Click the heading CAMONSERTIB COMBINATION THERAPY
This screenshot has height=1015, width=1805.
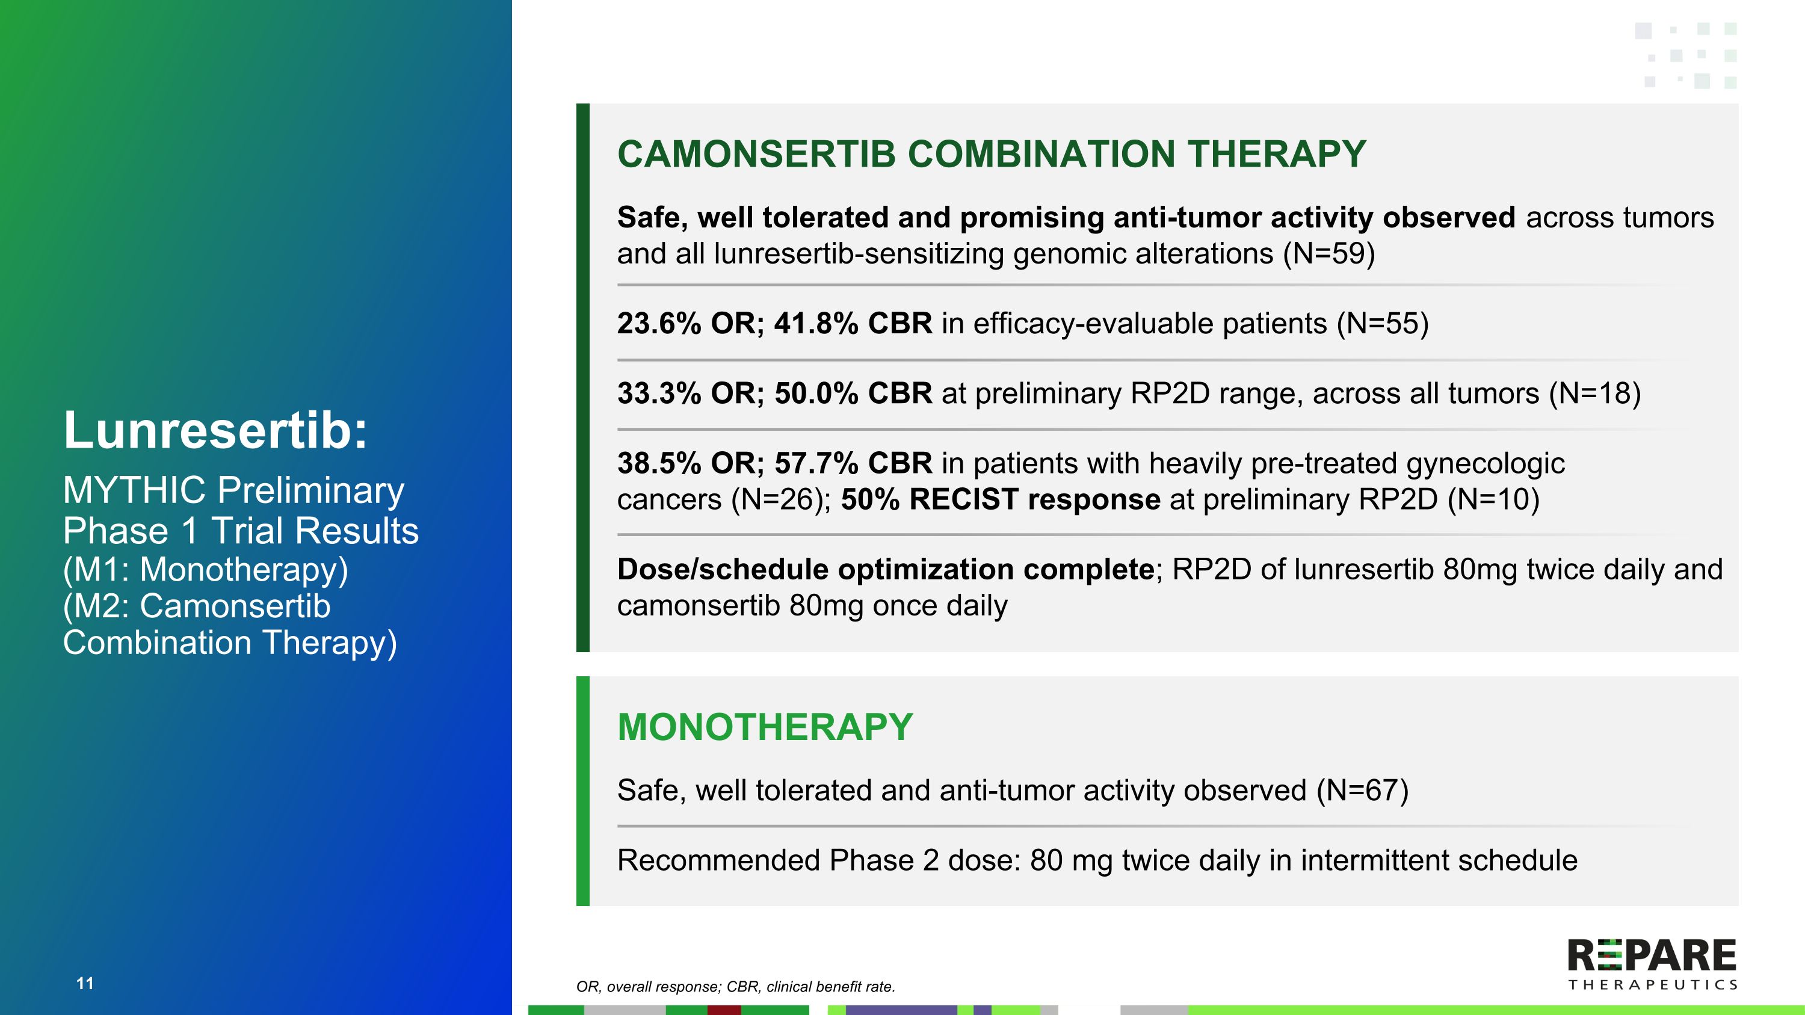pyautogui.click(x=991, y=154)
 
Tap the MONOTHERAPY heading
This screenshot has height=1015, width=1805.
pyautogui.click(x=765, y=727)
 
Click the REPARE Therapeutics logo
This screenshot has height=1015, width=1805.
pyautogui.click(x=1651, y=964)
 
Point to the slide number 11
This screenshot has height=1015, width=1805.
pyautogui.click(x=85, y=984)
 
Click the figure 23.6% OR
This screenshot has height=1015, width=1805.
pyautogui.click(x=690, y=324)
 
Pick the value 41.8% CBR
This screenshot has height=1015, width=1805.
pyautogui.click(x=853, y=324)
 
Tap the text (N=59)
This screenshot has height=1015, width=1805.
pyautogui.click(x=1328, y=253)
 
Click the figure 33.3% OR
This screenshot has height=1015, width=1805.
pyautogui.click(x=690, y=393)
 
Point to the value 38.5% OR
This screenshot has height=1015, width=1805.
pyautogui.click(x=690, y=464)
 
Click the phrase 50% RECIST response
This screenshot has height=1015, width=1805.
pyautogui.click(x=1000, y=499)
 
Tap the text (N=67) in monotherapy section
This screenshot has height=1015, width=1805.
pyautogui.click(x=1362, y=791)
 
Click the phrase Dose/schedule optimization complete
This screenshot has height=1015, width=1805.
pyautogui.click(x=885, y=570)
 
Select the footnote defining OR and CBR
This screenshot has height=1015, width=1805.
pyautogui.click(x=735, y=987)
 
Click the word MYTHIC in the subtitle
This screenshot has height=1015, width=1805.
pyautogui.click(x=135, y=490)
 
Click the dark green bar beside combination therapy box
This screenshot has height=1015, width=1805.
pyautogui.click(x=582, y=378)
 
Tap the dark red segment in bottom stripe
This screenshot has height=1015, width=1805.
pyautogui.click(x=724, y=1010)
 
